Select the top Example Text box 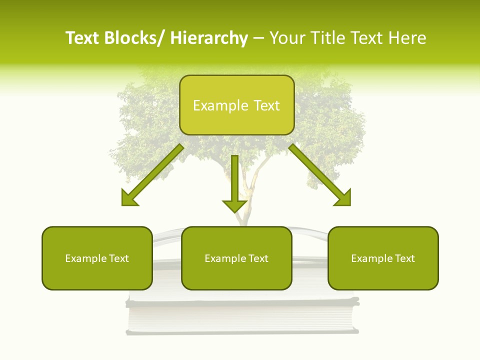point(236,105)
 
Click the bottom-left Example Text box point(97,258)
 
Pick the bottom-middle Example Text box point(236,258)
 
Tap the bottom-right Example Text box point(383,258)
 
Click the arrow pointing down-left point(152,175)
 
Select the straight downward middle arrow point(234,182)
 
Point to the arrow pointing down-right point(320,175)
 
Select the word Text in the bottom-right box point(404,258)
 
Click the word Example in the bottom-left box point(85,258)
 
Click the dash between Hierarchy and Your point(258,38)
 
